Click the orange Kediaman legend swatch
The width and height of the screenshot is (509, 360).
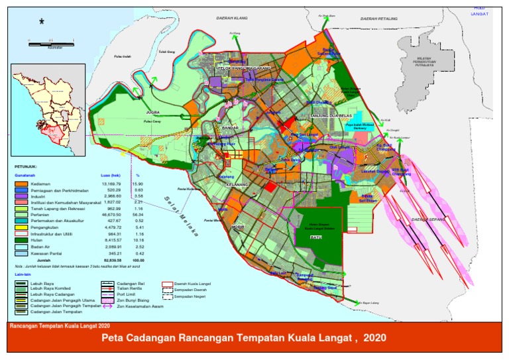click(21, 183)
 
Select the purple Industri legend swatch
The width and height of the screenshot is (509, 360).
click(21, 197)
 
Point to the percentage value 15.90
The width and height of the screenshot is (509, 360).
click(139, 183)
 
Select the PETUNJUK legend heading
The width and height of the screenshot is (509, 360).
click(27, 168)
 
